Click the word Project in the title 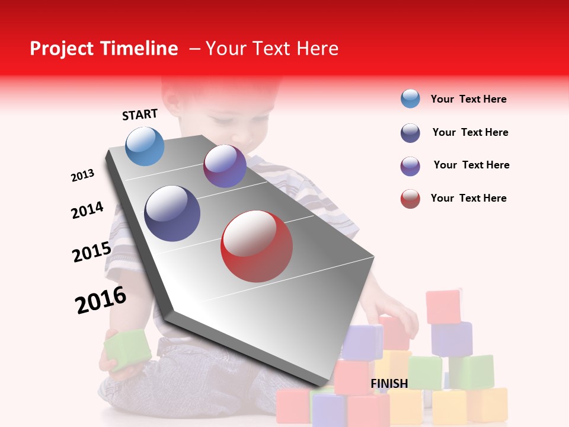[61, 49]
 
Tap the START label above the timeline [140, 114]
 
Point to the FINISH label [389, 384]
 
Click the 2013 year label [82, 176]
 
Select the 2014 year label [87, 210]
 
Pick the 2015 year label [91, 252]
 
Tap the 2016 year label [101, 299]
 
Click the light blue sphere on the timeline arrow [145, 146]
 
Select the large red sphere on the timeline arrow [257, 246]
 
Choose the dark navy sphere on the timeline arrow [172, 213]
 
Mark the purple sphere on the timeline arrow [225, 167]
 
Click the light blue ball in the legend [410, 98]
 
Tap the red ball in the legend [410, 199]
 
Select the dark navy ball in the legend [410, 133]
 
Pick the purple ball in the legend [410, 166]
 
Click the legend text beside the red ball [468, 198]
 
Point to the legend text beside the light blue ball [468, 99]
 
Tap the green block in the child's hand [127, 350]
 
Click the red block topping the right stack [443, 307]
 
